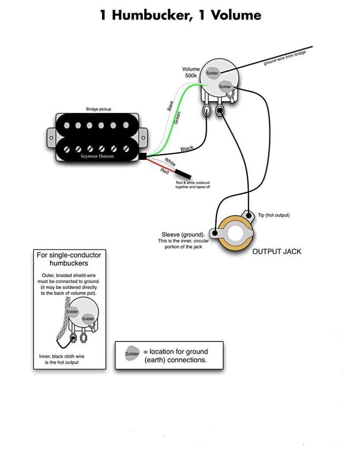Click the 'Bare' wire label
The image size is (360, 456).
170,106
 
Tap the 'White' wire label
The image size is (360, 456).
170,160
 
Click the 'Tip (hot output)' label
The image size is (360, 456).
274,215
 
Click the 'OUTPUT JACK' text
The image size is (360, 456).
276,252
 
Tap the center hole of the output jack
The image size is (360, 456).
236,233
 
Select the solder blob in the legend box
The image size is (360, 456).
132,354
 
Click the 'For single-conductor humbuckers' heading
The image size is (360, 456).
69,259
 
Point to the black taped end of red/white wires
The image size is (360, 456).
183,174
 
